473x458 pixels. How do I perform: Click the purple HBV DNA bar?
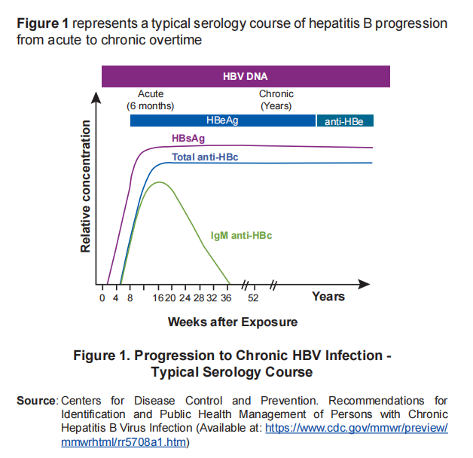coord(246,76)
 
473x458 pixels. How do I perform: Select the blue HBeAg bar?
coord(222,121)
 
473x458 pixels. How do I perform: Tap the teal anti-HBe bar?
coord(345,121)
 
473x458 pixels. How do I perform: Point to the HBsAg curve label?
coord(188,139)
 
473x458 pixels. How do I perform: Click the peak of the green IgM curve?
coord(158,182)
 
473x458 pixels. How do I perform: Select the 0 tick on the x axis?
coord(102,298)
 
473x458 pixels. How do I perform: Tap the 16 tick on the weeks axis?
coord(157,298)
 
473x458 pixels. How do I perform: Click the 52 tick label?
coord(254,298)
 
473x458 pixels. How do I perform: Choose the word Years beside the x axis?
coord(328,297)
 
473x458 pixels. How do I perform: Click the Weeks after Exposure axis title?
coord(232,322)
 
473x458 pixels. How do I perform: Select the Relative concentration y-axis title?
coord(86,185)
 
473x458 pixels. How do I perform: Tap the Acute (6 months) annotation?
coord(151,99)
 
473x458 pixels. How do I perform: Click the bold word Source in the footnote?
coord(36,400)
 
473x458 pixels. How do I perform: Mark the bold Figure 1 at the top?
coord(44,23)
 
